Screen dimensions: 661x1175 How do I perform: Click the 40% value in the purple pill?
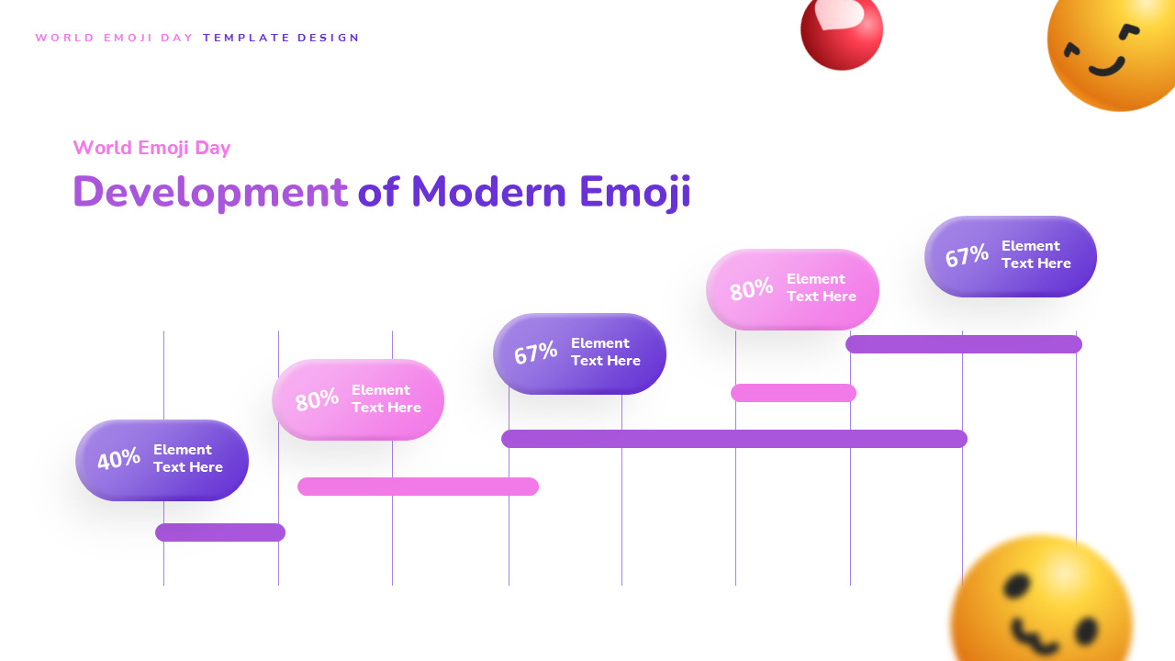[118, 459]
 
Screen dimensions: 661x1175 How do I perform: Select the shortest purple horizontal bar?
[220, 532]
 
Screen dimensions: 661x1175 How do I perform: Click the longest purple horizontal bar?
[734, 439]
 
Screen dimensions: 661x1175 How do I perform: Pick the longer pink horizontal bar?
[418, 487]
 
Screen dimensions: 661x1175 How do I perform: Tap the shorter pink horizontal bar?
[793, 393]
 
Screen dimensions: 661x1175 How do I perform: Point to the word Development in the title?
[210, 193]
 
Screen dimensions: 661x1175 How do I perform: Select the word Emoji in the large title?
[634, 193]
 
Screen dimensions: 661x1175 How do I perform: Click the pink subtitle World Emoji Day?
[151, 148]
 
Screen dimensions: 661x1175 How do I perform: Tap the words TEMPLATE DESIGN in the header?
[282, 38]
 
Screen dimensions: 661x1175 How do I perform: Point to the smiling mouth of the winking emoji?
[1106, 67]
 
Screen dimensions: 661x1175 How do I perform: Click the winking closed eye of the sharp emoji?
[1130, 32]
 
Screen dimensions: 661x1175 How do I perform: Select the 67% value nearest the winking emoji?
[967, 256]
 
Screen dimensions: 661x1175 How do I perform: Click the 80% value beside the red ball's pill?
[751, 290]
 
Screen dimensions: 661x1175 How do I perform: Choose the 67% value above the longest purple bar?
[535, 353]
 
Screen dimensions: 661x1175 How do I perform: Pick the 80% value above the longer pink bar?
[317, 400]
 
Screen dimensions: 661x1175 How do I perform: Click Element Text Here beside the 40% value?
[188, 458]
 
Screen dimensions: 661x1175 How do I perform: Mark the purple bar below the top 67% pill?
[964, 344]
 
